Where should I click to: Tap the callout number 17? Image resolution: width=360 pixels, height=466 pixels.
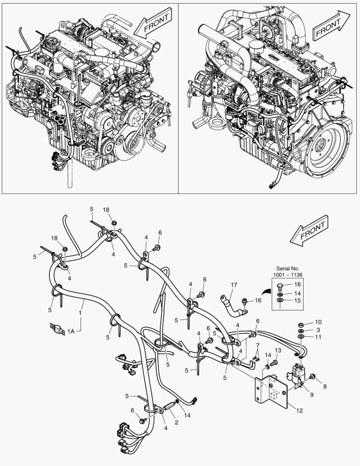234,285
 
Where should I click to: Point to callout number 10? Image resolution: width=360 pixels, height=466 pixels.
318,322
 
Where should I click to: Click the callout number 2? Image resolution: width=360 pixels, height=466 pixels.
176,423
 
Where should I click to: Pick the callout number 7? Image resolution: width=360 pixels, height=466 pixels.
257,345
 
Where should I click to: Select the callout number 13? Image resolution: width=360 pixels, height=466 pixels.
278,350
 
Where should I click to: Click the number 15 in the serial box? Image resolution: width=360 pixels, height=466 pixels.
297,300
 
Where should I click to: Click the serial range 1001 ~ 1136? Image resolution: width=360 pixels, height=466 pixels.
288,275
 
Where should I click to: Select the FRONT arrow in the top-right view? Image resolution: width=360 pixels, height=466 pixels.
329,25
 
